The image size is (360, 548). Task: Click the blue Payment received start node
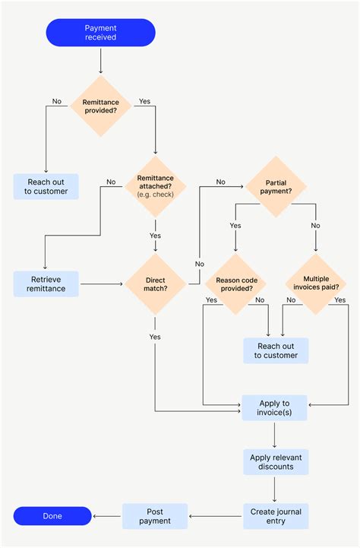click(100, 33)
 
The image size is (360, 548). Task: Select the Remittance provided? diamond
click(100, 106)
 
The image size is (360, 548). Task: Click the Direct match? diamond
click(155, 284)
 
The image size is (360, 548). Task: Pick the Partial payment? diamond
click(275, 187)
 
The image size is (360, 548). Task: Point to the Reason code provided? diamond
click(235, 284)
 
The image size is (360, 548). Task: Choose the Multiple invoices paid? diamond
click(315, 284)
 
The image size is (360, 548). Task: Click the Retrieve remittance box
click(46, 284)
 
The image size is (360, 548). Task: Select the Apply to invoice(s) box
click(274, 408)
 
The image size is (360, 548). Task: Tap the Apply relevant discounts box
click(274, 461)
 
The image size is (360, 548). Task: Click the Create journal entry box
click(276, 516)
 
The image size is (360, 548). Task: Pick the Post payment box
click(155, 516)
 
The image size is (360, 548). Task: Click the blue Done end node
click(52, 516)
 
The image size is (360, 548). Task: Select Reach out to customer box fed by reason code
click(276, 350)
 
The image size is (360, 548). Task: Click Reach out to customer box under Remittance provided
click(46, 186)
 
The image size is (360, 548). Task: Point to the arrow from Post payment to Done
click(106, 516)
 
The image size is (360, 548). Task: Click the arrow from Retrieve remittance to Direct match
click(102, 284)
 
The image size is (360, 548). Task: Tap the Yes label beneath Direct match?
click(155, 337)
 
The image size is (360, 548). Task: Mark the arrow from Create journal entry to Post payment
click(216, 516)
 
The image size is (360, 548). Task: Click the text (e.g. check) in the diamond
click(155, 195)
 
